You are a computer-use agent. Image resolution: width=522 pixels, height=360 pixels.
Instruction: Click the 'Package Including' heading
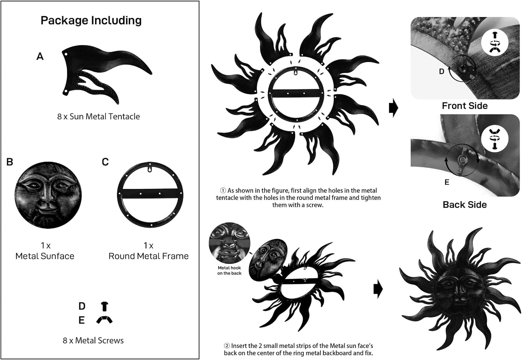[91, 21]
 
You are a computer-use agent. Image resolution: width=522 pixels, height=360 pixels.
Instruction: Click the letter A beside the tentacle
[40, 56]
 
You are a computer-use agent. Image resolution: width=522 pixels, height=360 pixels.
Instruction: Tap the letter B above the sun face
[10, 162]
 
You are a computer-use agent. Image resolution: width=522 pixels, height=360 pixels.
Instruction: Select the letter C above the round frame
[105, 162]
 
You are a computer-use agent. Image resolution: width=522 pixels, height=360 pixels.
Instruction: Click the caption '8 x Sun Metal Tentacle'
[99, 116]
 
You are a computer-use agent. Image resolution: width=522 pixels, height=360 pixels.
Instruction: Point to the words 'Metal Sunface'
[45, 256]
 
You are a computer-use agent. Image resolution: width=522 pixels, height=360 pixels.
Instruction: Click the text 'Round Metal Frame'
[148, 256]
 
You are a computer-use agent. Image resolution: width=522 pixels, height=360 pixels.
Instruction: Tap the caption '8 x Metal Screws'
[93, 341]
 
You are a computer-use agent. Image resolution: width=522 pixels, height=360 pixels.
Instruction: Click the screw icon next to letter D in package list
[104, 307]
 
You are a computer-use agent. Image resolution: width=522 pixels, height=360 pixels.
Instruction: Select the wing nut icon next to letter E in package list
[104, 320]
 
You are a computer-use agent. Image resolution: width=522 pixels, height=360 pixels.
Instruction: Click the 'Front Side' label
[465, 106]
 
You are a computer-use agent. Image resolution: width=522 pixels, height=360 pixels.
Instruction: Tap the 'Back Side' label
[465, 205]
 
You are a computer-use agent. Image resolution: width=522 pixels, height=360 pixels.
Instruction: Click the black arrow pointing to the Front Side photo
[394, 108]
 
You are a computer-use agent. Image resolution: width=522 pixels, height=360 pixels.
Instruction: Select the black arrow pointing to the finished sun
[378, 289]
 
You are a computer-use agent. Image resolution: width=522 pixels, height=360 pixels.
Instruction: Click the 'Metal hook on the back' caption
[229, 270]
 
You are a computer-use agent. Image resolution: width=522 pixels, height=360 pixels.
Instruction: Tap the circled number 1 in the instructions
[223, 191]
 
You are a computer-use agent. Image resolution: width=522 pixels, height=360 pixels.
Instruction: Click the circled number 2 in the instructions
[227, 346]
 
